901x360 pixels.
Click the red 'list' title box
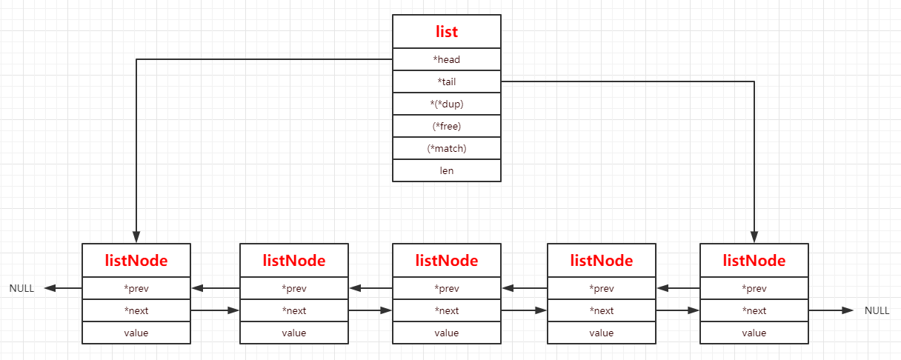[x=447, y=32]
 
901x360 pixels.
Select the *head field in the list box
[x=447, y=59]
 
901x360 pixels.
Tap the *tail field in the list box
[x=447, y=81]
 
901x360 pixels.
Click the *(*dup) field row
[x=447, y=104]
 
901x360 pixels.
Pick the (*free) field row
[x=447, y=126]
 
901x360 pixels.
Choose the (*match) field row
[x=447, y=148]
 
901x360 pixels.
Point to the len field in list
[x=447, y=170]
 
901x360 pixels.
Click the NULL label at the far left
[x=21, y=288]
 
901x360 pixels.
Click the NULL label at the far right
[x=877, y=310]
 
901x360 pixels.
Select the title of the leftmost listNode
[x=136, y=261]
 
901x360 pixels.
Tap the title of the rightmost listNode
[x=754, y=261]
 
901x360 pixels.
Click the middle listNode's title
[x=447, y=261]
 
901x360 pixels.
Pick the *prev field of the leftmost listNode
[x=136, y=288]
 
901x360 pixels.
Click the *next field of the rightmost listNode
[x=754, y=310]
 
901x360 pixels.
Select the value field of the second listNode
[x=294, y=333]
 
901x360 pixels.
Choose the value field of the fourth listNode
[x=602, y=333]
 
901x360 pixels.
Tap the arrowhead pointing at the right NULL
[x=847, y=310]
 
